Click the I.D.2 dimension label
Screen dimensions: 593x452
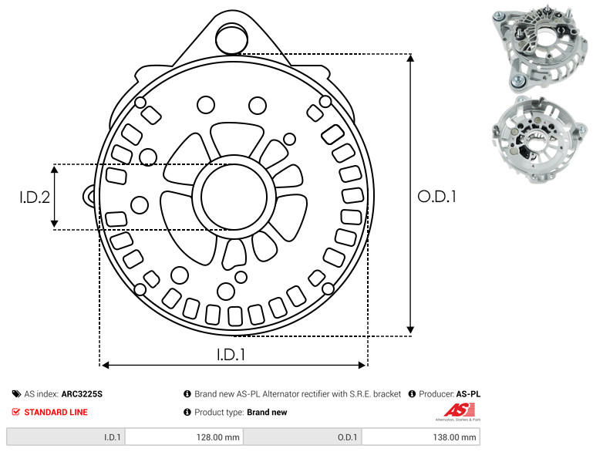pos(35,197)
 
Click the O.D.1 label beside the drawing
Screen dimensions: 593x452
pos(436,197)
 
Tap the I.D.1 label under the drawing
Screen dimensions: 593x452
pos(231,354)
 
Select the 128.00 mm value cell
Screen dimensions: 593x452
pos(184,437)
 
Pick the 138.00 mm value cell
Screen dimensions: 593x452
pos(421,437)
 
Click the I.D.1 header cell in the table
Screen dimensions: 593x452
pos(66,437)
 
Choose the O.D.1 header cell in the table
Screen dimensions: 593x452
pos(302,437)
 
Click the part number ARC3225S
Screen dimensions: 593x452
pos(82,394)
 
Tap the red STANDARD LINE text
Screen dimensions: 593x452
pos(56,413)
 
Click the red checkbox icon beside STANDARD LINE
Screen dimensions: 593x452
pos(15,412)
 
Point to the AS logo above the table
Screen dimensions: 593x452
pos(459,411)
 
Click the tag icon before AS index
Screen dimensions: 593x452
pos(16,394)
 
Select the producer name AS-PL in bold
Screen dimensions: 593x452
pos(468,394)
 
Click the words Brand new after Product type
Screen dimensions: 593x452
pos(267,413)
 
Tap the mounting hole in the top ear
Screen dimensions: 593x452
pos(231,39)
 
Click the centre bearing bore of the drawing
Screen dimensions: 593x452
pos(234,197)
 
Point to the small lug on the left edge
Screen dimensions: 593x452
pos(89,196)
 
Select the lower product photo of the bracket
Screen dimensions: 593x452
pos(540,139)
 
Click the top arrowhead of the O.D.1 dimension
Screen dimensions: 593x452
pos(410,58)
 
